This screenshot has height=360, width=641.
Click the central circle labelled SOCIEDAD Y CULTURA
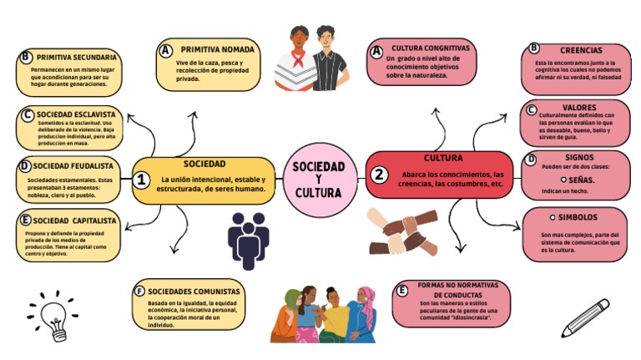[x=318, y=180]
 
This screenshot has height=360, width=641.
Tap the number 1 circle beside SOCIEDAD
[x=142, y=180]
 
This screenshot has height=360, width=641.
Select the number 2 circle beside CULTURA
[x=380, y=175]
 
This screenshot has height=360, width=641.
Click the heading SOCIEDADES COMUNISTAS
[x=194, y=291]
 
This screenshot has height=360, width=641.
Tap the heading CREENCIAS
[x=581, y=50]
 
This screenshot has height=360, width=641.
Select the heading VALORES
[x=579, y=107]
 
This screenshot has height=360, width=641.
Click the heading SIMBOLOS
[x=578, y=217]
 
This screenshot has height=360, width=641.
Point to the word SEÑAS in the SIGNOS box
[x=581, y=180]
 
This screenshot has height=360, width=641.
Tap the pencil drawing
[x=585, y=317]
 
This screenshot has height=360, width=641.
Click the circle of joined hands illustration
[x=403, y=231]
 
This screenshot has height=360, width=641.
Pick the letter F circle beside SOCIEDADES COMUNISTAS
[x=139, y=291]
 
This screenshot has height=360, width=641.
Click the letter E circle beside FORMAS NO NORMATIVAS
[x=403, y=290]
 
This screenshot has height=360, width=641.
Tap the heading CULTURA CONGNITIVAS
[x=431, y=48]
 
